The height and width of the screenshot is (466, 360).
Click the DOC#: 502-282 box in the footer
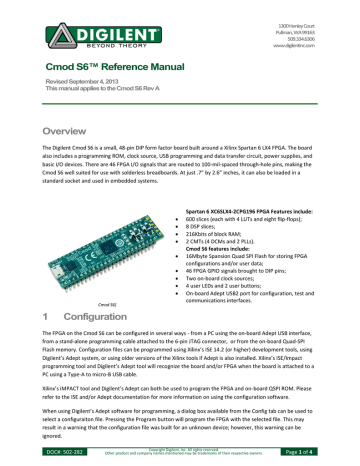pos(50,455)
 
